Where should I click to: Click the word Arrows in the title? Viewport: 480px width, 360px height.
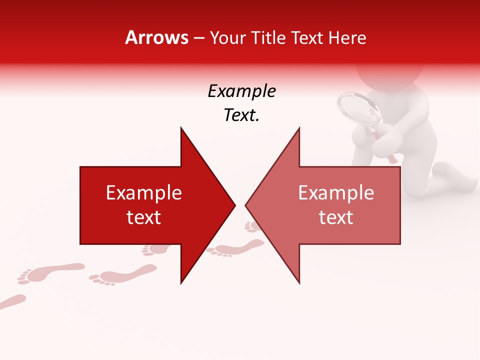(156, 37)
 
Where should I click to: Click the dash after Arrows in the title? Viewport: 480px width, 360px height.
(199, 38)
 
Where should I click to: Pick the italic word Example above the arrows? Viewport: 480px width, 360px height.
(241, 91)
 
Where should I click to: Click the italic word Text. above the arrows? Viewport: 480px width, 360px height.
(241, 115)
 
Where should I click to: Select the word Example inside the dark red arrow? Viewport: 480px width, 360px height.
(144, 193)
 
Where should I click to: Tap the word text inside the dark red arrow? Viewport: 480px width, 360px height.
(144, 217)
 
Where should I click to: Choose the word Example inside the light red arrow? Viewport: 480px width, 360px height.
(336, 193)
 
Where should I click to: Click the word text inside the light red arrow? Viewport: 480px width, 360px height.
(336, 217)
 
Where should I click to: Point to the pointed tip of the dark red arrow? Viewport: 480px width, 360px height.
(234, 205)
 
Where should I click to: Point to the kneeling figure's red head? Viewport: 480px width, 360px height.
(390, 75)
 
